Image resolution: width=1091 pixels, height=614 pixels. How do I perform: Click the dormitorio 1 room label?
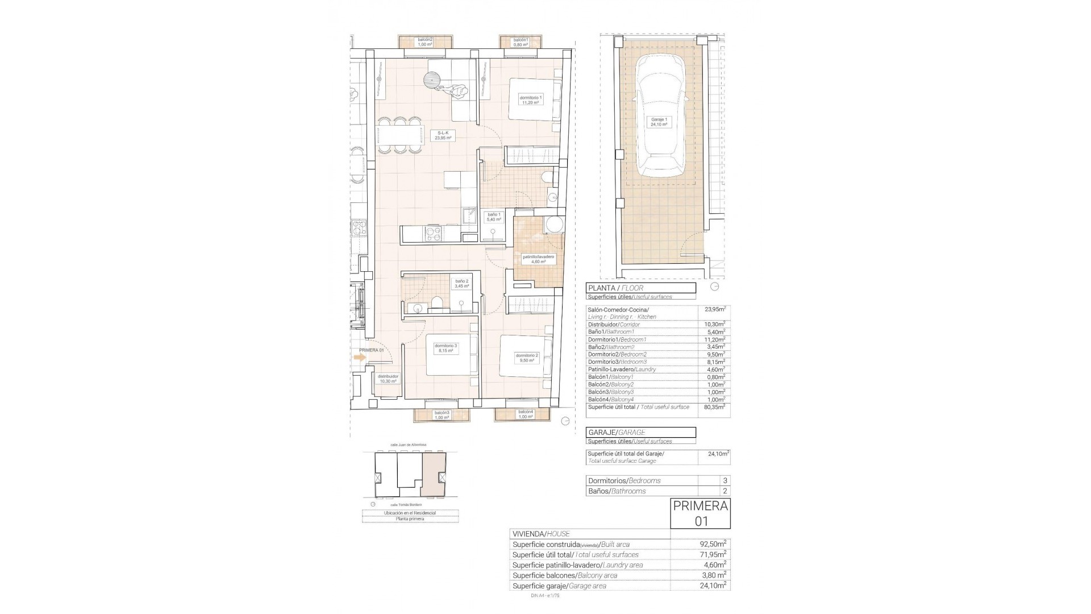coord(531,100)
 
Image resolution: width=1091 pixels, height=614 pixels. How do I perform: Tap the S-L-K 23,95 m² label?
coord(443,136)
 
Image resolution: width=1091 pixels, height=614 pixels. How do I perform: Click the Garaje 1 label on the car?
coord(659,122)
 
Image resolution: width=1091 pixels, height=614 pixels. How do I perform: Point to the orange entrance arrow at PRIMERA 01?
coord(359,358)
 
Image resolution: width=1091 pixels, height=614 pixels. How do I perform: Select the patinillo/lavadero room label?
coord(538,259)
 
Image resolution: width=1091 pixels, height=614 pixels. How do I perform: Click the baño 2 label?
coord(462,284)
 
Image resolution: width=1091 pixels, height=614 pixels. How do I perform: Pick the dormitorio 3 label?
coord(445,348)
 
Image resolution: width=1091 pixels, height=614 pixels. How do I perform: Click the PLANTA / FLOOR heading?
coord(640,288)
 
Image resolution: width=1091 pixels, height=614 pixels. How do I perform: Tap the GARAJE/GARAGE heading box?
coord(640,433)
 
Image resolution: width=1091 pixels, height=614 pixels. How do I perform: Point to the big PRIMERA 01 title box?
coord(700,513)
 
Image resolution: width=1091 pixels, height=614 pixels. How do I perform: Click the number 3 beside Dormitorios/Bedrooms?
coord(724,481)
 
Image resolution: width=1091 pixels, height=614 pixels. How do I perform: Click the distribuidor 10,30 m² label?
coord(389,379)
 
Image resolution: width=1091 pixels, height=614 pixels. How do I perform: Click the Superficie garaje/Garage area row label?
coord(559,586)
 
